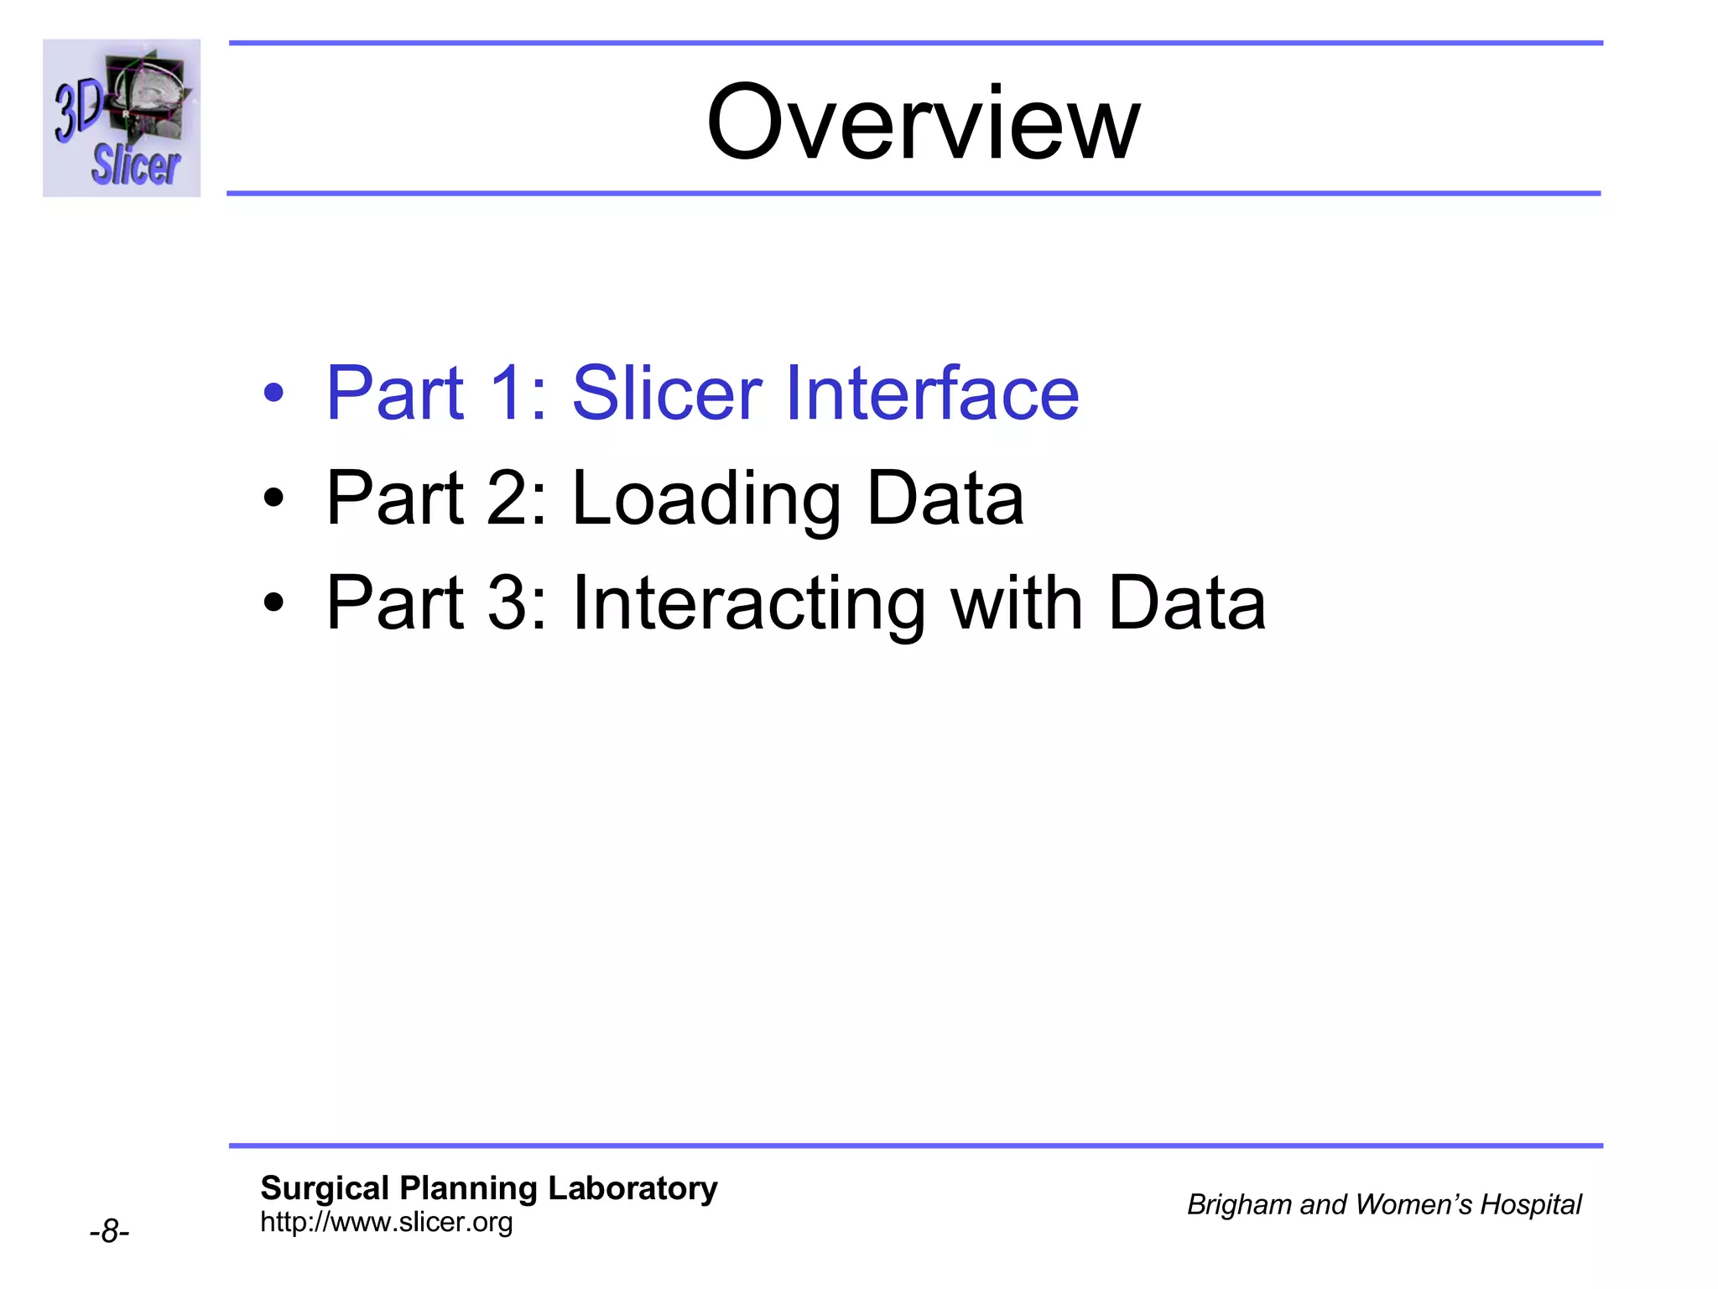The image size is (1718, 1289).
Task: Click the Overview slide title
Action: coord(923,123)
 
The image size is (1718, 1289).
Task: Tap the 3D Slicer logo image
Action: coord(122,117)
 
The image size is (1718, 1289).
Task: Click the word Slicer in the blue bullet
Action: coord(666,393)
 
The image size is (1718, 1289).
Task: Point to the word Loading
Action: coord(705,498)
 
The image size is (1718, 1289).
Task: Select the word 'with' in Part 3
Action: coord(1017,604)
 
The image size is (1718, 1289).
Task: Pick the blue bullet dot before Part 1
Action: coord(273,393)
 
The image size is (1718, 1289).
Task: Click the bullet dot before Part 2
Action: coord(273,498)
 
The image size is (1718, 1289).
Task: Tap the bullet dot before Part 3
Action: coord(273,603)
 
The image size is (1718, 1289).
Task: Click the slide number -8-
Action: coord(109,1232)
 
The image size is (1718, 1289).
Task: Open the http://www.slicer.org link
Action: coord(386,1222)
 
